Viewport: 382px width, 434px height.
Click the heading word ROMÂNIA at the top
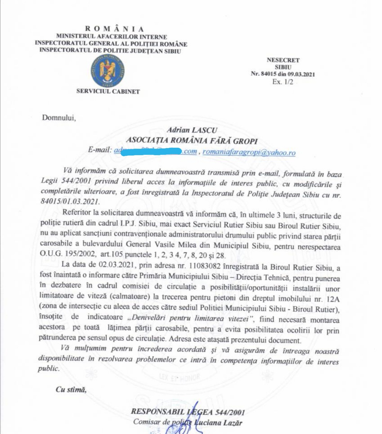[115, 29]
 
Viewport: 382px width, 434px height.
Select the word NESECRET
[283, 60]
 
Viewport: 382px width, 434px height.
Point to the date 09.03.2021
[301, 74]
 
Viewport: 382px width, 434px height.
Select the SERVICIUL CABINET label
[108, 92]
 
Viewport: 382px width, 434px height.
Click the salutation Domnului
[59, 117]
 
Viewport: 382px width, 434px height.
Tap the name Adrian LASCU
[199, 131]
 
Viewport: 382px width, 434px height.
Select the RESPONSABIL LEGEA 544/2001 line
[188, 412]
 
